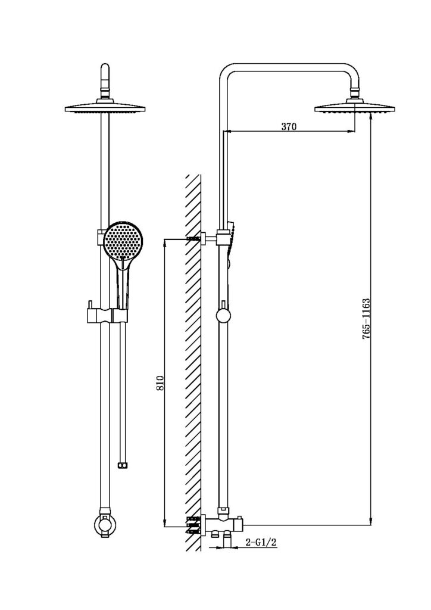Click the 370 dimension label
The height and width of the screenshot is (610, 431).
pyautogui.click(x=289, y=126)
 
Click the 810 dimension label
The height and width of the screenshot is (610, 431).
pyautogui.click(x=161, y=383)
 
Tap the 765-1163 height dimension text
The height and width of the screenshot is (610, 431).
pyautogui.click(x=366, y=319)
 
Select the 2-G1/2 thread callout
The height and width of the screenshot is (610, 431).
pyautogui.click(x=261, y=542)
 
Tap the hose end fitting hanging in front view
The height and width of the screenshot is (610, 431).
pyautogui.click(x=123, y=464)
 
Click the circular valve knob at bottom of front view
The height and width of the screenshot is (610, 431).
pyautogui.click(x=105, y=525)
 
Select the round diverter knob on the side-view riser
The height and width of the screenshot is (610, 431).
pyautogui.click(x=223, y=316)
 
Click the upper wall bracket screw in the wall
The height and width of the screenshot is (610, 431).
pyautogui.click(x=193, y=238)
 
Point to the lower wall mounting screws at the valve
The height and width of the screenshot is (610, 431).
pyautogui.click(x=193, y=525)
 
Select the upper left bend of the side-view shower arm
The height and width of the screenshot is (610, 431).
pyautogui.click(x=227, y=71)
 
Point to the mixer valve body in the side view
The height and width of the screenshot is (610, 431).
pyautogui.click(x=223, y=525)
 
